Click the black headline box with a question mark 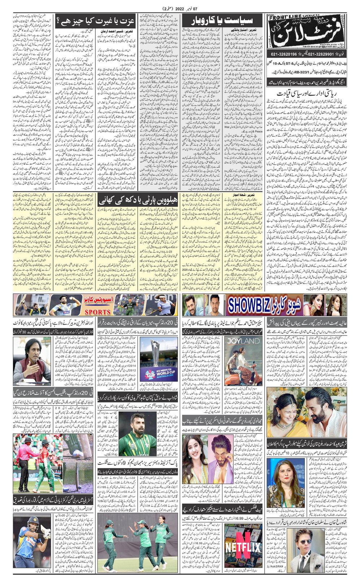click(x=95, y=21)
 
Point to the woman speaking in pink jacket click(x=286, y=479)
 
